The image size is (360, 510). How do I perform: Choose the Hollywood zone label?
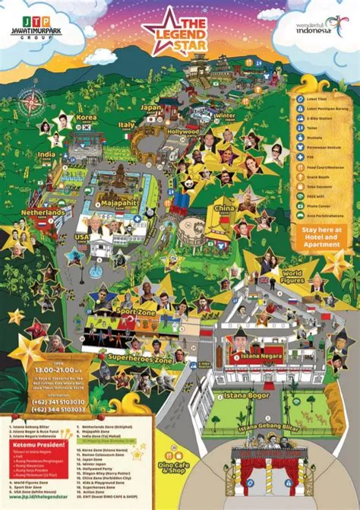tap(182, 131)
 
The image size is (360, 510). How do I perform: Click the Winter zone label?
tap(226, 116)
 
